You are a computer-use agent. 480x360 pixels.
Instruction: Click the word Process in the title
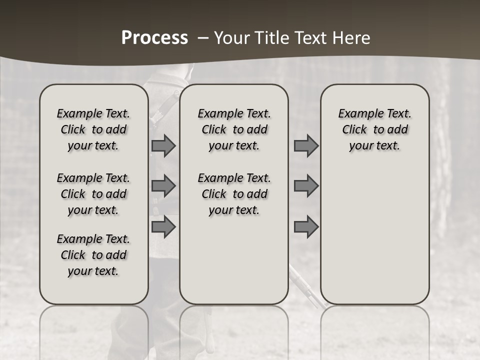click(x=154, y=38)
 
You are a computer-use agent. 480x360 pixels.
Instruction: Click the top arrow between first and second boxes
click(x=163, y=145)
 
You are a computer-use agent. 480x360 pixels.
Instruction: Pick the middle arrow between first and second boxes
click(x=163, y=186)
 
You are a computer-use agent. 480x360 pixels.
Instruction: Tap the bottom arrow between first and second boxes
click(x=163, y=226)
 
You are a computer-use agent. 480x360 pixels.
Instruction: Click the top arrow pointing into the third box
click(x=306, y=145)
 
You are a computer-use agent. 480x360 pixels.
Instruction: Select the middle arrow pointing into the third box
click(x=306, y=186)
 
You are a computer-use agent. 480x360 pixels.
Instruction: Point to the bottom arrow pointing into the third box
click(x=306, y=226)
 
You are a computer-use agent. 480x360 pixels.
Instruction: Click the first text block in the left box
click(x=93, y=129)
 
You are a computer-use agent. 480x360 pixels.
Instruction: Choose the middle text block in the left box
click(x=93, y=194)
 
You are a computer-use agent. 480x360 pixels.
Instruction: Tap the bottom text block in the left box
click(x=93, y=255)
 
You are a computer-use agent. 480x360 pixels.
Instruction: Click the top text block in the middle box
click(x=234, y=129)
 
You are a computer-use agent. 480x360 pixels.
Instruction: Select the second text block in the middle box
click(x=234, y=194)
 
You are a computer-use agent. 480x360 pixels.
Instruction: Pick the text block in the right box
click(x=375, y=129)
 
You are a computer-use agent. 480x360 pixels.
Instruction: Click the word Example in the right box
click(x=358, y=114)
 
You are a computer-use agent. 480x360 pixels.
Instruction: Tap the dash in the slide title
click(x=202, y=38)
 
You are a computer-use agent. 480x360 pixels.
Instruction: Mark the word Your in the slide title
click(x=230, y=38)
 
